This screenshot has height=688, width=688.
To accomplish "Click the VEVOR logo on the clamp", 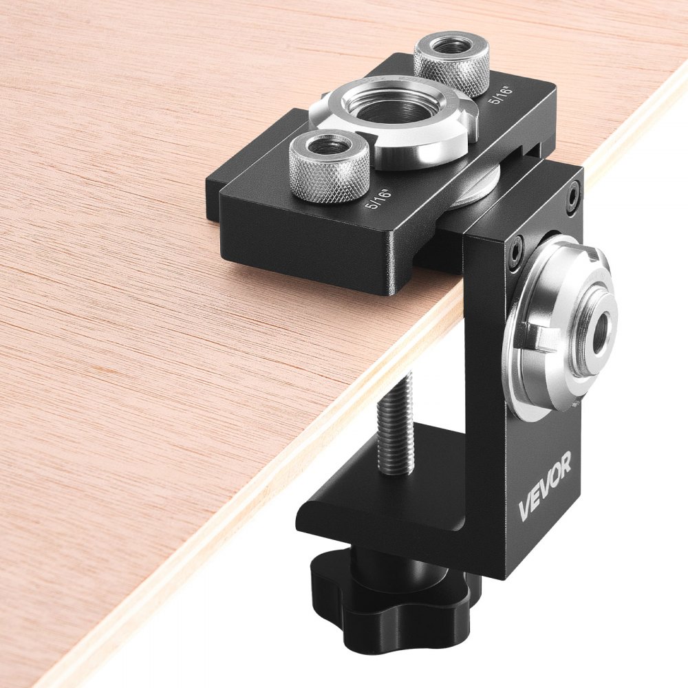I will pyautogui.click(x=544, y=488).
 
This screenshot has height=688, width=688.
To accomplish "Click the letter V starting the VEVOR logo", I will pyautogui.click(x=524, y=510).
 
